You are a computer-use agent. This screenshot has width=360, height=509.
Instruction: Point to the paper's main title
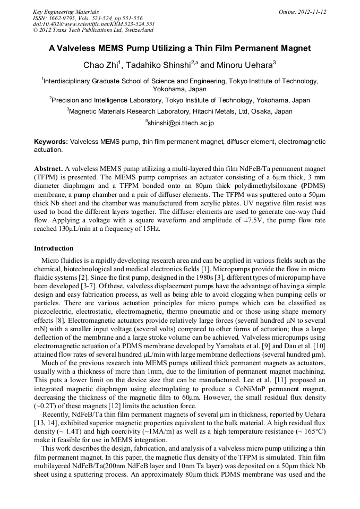[179, 48]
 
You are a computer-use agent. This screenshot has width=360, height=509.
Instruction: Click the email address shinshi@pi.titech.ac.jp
[181, 123]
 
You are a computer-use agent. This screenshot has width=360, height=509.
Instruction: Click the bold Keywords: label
[51, 142]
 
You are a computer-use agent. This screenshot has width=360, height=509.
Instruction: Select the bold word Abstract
[48, 168]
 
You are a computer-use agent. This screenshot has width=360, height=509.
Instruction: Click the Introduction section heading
[54, 248]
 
